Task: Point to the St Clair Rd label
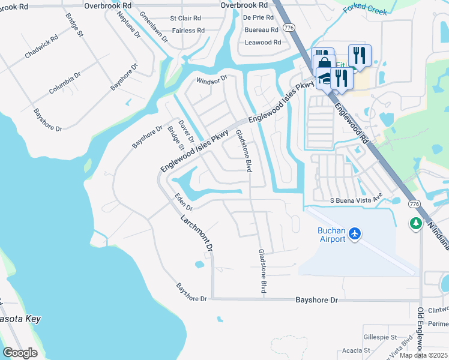pos(185,19)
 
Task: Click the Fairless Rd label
pos(188,30)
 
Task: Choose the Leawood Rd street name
pos(263,43)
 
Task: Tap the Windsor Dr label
pos(212,79)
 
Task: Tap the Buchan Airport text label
pos(331,235)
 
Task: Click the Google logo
pos(20,353)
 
